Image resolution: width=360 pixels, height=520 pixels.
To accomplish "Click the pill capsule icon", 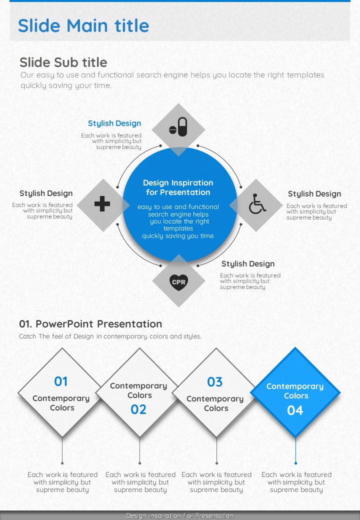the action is click(178, 126).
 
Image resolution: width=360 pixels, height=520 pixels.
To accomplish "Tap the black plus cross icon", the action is click(102, 203).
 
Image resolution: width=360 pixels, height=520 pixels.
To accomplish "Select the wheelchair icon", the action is click(257, 204).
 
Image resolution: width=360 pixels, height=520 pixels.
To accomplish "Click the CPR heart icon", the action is click(178, 282).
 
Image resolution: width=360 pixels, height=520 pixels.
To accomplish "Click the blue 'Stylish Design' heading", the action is click(114, 123).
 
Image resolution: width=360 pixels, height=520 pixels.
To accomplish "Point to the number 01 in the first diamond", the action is click(61, 381).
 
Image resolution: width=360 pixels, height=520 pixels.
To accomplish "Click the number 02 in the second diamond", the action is click(138, 409).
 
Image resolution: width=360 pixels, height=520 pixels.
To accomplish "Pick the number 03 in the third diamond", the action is click(215, 382).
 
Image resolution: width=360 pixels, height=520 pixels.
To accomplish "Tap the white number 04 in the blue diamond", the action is click(295, 410).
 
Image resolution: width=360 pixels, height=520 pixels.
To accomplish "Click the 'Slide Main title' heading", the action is click(83, 25).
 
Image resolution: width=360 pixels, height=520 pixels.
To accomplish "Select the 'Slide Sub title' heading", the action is click(63, 62).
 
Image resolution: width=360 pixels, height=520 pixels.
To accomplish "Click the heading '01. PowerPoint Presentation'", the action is click(90, 324).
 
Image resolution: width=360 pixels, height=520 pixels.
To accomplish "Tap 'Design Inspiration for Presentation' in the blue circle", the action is click(178, 187).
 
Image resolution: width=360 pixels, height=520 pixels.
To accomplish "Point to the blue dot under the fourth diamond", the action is click(295, 463).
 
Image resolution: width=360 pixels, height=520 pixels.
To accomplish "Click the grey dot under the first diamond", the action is click(62, 463).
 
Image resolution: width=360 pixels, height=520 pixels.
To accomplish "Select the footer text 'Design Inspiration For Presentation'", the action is click(179, 515).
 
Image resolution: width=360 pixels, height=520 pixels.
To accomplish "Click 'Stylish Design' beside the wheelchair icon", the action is click(314, 193).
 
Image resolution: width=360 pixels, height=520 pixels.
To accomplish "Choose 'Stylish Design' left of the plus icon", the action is click(45, 193).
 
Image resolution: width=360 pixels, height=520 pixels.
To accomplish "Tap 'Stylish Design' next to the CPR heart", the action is click(248, 264).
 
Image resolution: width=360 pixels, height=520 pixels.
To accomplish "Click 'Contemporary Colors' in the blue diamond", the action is click(295, 391).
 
